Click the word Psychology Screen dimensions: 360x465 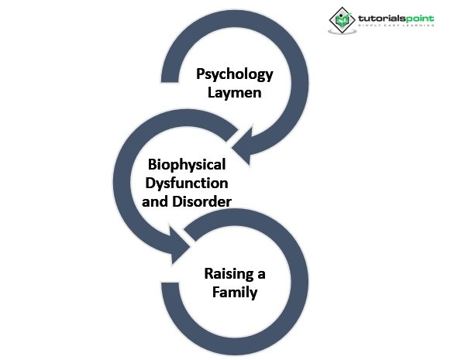point(234,75)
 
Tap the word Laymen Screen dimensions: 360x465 point(234,94)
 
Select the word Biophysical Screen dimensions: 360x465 point(188,165)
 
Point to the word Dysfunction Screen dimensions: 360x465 point(188,184)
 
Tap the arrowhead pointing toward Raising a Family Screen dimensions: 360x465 point(180,249)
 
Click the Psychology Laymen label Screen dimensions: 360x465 point(234,84)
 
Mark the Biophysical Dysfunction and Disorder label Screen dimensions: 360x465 point(188,184)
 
